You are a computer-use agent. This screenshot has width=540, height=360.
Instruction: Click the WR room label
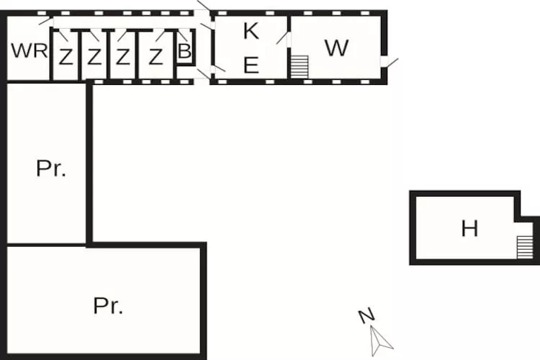click(x=30, y=50)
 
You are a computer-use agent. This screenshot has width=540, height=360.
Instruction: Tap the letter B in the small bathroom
click(x=184, y=50)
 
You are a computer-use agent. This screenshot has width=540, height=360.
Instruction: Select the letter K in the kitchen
click(x=251, y=31)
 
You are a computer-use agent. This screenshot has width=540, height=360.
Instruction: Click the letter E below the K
click(x=251, y=65)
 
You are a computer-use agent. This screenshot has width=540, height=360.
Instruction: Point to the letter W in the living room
click(x=336, y=48)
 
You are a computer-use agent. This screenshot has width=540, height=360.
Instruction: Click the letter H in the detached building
click(x=469, y=228)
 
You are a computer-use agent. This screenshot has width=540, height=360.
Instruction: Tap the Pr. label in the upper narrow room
click(x=50, y=168)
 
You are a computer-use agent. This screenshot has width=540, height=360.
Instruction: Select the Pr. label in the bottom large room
click(x=108, y=305)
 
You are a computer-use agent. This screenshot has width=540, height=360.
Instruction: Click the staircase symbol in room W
click(x=300, y=66)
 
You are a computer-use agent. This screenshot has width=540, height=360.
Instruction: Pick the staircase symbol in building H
click(x=524, y=247)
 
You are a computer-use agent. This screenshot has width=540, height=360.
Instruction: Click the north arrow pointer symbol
click(x=380, y=341)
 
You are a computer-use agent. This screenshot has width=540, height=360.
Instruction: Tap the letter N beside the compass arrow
click(x=366, y=315)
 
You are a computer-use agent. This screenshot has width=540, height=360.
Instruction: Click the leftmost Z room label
click(x=66, y=57)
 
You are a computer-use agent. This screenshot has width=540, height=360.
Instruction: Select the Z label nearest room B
click(x=156, y=57)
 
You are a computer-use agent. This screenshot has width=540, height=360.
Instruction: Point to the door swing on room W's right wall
click(x=392, y=63)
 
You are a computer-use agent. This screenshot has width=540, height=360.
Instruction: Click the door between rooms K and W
click(x=282, y=38)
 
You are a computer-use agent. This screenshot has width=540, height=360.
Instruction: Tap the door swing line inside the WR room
click(x=45, y=21)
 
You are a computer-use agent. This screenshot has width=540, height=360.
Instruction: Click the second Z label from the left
click(x=94, y=57)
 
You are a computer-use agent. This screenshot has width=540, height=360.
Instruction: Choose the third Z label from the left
click(x=122, y=57)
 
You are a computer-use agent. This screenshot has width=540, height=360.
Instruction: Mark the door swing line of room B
click(x=183, y=36)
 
